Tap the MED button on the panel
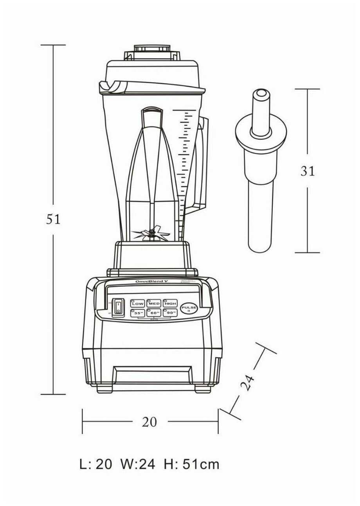click(154, 304)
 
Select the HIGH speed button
click(170, 304)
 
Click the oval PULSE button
click(188, 309)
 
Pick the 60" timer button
click(154, 313)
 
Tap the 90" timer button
click(170, 313)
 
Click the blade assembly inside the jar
click(150, 235)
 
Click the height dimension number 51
click(53, 219)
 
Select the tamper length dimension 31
click(308, 171)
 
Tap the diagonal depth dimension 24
click(247, 383)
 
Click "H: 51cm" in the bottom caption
click(192, 464)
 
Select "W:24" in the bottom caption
click(138, 464)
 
